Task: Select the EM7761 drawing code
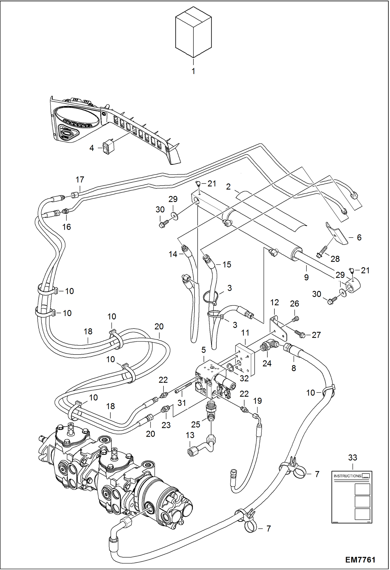tap(360, 560)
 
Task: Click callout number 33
tap(353, 457)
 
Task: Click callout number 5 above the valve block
tap(204, 350)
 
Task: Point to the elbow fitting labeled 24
tap(269, 347)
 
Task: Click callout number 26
tap(294, 304)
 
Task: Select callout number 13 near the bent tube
tap(190, 435)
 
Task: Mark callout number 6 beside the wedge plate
tap(359, 237)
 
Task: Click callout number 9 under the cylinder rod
tap(306, 277)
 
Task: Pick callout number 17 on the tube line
tap(80, 180)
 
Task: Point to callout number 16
tap(67, 227)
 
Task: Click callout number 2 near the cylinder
tap(228, 187)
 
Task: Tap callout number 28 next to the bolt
tap(335, 259)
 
